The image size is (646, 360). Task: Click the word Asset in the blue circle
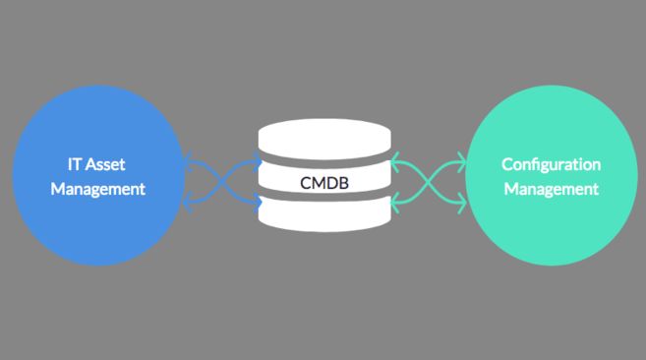coord(105,164)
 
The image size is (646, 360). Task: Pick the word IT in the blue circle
coord(62,164)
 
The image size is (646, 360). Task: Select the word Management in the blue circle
coord(98,188)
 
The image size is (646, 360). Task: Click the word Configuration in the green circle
coord(551,164)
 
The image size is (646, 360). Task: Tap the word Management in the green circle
coord(551,188)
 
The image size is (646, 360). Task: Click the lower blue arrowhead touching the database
coord(259,205)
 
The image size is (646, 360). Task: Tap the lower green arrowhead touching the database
coord(393,205)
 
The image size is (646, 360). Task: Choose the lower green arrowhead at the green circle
coord(462,204)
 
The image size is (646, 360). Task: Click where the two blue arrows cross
coord(224,183)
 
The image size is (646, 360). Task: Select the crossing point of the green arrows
coord(428,183)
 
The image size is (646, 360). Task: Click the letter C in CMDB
coord(306,183)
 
